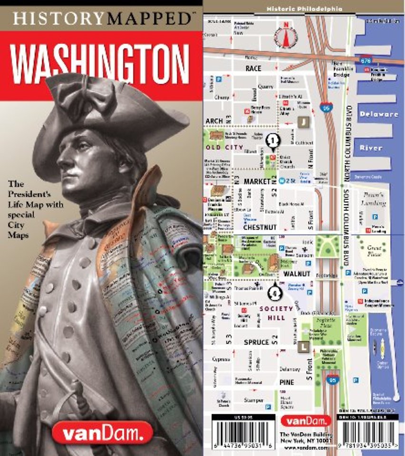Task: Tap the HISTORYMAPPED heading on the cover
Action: point(101,19)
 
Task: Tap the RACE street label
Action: point(253,68)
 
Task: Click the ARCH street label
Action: point(214,121)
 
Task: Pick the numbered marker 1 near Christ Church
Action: point(272,140)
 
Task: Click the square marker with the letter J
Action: point(303,121)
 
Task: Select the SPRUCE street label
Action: point(256,342)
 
